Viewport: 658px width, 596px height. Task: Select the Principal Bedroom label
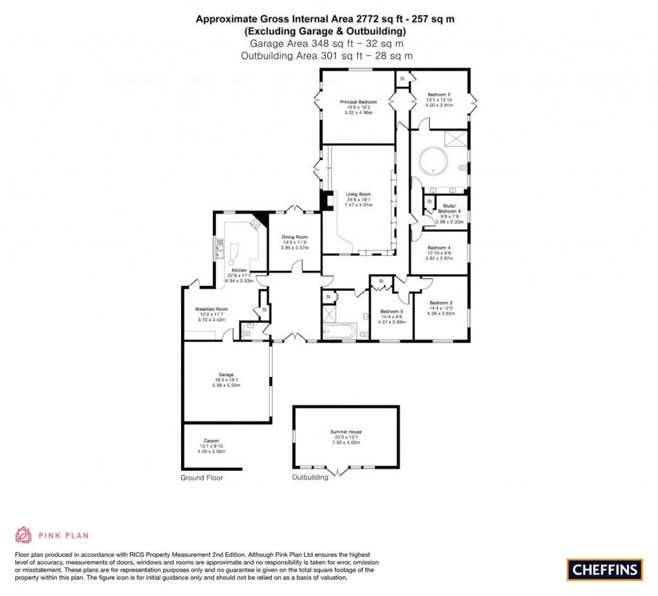358,102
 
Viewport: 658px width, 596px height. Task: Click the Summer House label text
346,432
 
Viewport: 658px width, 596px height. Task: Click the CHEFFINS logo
604,569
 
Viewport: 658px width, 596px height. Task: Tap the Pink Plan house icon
24,534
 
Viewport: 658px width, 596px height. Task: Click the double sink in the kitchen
220,248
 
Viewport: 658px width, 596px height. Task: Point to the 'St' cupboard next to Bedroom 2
402,78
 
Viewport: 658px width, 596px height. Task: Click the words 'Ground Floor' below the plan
201,478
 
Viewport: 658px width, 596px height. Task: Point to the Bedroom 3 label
441,303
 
